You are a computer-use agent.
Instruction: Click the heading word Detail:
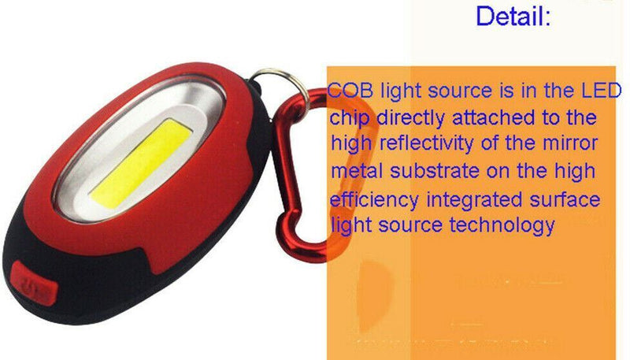513,16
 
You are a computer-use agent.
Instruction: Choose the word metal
358,172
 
